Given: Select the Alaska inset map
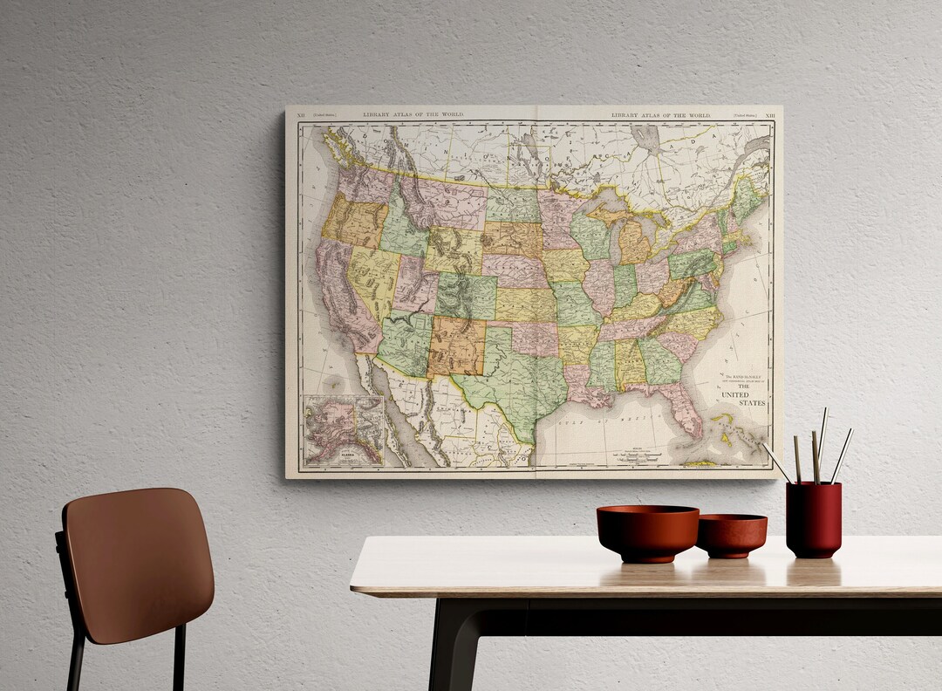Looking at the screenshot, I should [x=344, y=429].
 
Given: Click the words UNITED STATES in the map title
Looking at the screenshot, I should [x=743, y=399].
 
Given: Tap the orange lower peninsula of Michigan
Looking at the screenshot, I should [x=635, y=244].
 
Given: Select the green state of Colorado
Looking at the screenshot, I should [x=466, y=295].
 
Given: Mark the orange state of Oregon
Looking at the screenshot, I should [x=353, y=222].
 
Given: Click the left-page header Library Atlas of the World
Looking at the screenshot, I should [x=413, y=115].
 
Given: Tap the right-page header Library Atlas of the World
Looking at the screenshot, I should [x=660, y=115].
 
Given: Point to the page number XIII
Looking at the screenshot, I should [x=769, y=115].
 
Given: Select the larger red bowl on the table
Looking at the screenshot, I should [x=647, y=532].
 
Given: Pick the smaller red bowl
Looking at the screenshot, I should [x=732, y=535].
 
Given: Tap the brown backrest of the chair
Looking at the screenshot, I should [x=140, y=563].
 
